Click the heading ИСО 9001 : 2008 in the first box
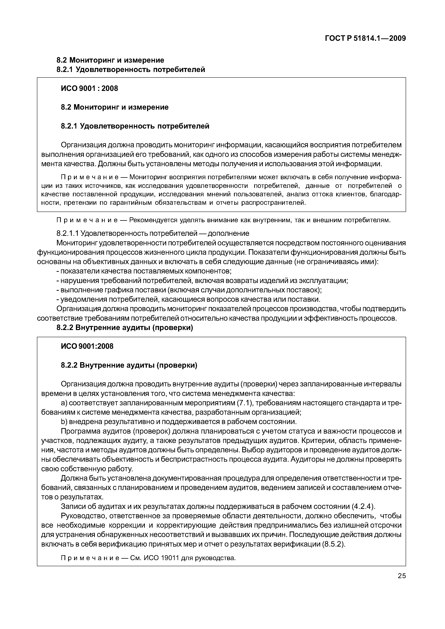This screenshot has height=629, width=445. (89, 89)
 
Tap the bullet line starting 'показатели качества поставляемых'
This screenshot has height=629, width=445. (144, 271)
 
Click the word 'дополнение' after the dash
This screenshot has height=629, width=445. (228, 233)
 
